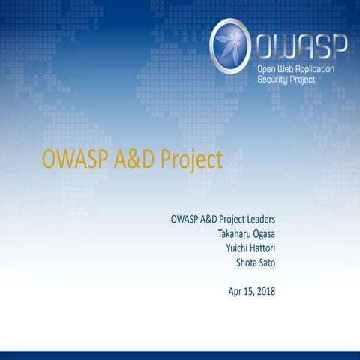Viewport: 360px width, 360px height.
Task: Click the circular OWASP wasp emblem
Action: (x=230, y=46)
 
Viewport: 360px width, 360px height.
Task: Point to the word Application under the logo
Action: (x=319, y=69)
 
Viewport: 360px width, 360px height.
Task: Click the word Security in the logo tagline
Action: (x=274, y=79)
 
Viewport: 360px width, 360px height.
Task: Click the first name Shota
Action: (x=247, y=262)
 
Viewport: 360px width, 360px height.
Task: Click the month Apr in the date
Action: (x=236, y=290)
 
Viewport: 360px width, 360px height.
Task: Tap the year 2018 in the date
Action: (x=266, y=290)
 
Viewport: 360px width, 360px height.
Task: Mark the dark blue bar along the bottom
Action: (x=180, y=355)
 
